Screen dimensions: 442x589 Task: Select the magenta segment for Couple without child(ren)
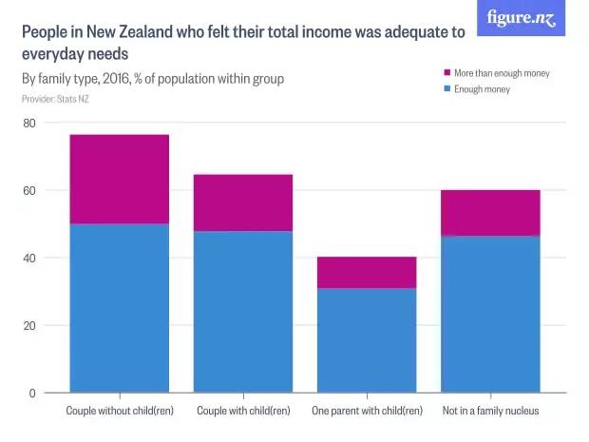tap(119, 179)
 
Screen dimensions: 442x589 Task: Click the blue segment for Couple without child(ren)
tap(119, 308)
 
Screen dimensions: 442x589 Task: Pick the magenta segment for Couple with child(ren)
tap(243, 202)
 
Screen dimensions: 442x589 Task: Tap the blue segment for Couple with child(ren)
tap(243, 312)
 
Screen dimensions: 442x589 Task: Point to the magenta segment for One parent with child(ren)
tap(367, 272)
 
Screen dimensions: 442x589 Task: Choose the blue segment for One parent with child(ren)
tap(367, 340)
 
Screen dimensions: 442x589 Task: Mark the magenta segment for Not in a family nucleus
tap(490, 213)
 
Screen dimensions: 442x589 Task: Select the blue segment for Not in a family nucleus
tap(490, 314)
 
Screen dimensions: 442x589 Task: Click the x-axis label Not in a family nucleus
tap(490, 412)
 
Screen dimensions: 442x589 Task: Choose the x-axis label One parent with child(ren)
tap(367, 412)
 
